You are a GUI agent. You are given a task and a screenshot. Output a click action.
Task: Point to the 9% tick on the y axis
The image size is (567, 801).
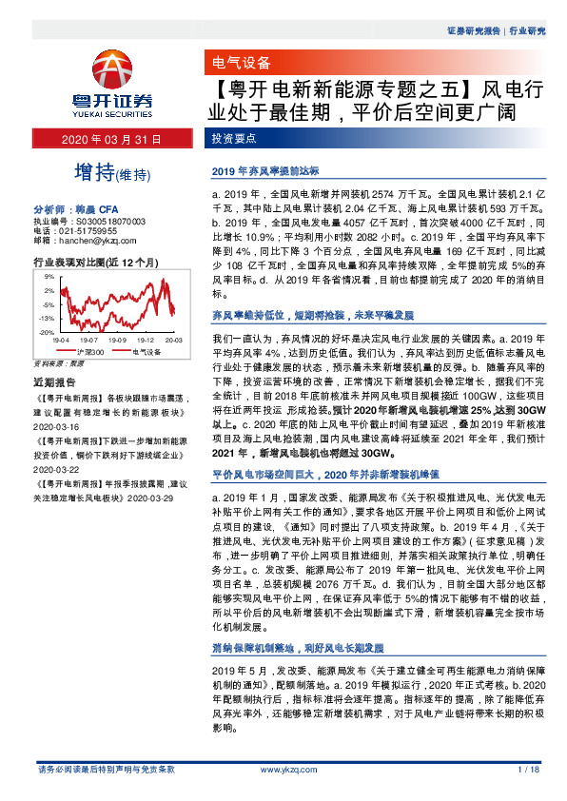(46, 276)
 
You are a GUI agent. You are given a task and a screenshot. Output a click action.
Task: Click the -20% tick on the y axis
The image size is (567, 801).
(44, 332)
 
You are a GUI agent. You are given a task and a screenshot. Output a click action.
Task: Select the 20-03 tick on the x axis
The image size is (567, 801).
(173, 339)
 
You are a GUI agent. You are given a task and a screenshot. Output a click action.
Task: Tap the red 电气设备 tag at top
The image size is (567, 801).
(238, 65)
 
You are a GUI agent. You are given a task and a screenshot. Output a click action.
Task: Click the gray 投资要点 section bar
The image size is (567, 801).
(234, 140)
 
